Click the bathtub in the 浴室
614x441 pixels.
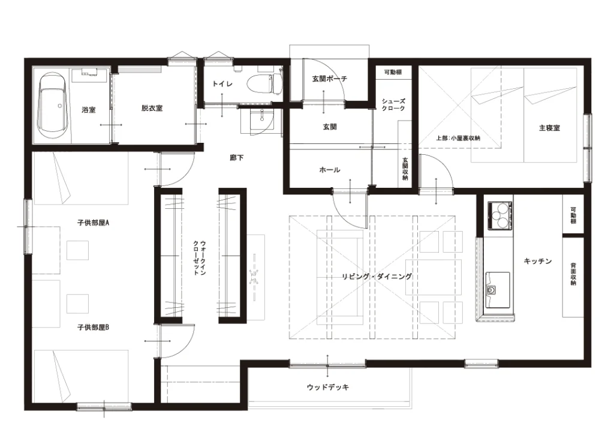coord(53,104)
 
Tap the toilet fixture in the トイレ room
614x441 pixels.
coord(264,83)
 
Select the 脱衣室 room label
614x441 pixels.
coord(152,108)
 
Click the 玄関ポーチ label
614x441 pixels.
coord(329,79)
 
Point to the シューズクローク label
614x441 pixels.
coord(393,104)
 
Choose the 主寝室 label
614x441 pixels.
coord(549,128)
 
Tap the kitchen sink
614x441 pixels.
coord(497,290)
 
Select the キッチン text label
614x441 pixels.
coord(537,261)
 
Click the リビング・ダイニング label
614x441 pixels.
coord(377,277)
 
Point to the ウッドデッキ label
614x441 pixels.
coord(328,387)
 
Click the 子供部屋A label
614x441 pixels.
coord(93,223)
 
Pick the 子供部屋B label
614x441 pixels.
coord(93,327)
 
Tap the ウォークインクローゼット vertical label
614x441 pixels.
coord(199,258)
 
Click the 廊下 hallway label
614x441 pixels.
coord(236,158)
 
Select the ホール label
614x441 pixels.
coord(329,170)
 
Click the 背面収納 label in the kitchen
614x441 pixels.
coord(573,274)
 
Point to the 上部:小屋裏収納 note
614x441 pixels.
coord(458,138)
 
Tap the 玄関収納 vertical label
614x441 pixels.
coord(405,169)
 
